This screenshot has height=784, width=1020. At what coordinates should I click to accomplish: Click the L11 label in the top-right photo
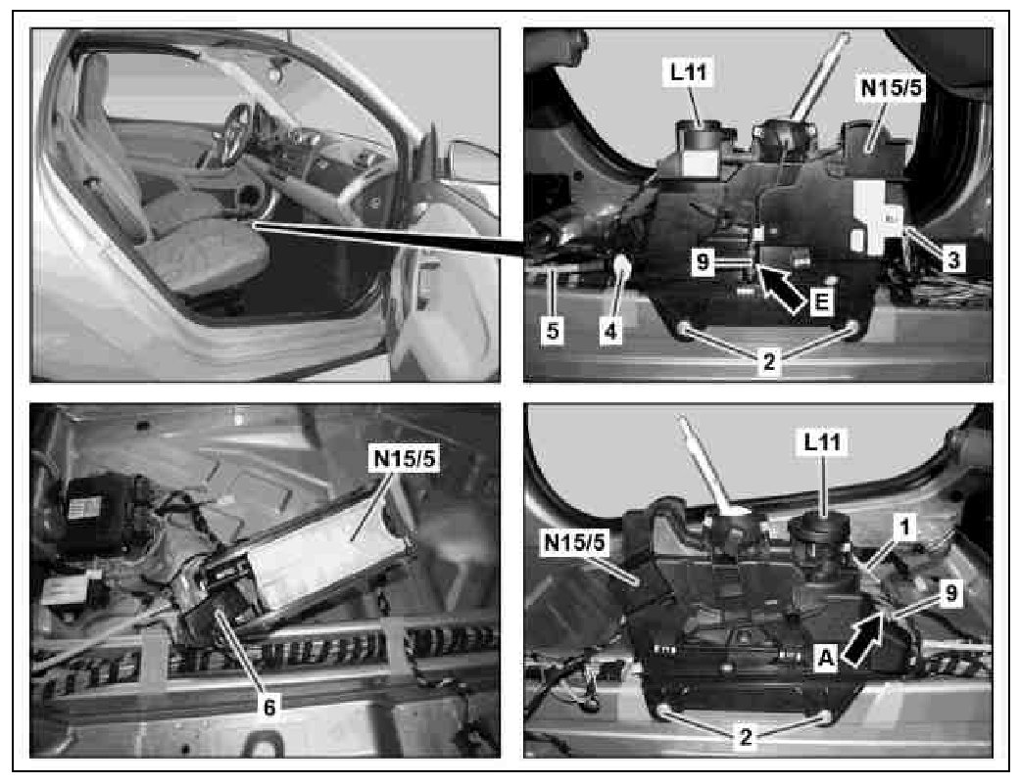[x=689, y=72]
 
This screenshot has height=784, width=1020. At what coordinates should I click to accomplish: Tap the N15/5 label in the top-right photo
[x=892, y=88]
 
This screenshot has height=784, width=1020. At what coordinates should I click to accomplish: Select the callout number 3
[x=953, y=260]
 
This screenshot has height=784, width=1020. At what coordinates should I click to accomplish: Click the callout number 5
[x=553, y=331]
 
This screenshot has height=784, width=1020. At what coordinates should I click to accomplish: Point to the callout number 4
[x=610, y=331]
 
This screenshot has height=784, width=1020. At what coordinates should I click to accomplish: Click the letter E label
[x=822, y=302]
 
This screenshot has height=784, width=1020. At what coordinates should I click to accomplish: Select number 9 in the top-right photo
[x=702, y=261]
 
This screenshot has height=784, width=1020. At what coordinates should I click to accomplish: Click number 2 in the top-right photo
[x=769, y=361]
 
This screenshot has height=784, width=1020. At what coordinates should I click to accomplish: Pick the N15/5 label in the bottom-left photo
[x=404, y=459]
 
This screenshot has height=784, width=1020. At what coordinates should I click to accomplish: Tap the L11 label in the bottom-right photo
[x=823, y=442]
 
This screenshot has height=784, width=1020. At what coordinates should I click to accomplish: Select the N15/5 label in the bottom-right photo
[x=575, y=542]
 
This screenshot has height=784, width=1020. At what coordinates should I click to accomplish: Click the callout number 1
[x=904, y=528]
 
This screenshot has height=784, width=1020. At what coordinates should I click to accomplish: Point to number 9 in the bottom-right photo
[x=951, y=593]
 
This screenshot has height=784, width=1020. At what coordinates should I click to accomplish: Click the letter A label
[x=825, y=658]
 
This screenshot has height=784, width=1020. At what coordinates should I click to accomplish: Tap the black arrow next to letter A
[x=863, y=639]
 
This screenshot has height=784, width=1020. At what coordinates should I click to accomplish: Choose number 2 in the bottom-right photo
[x=746, y=737]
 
